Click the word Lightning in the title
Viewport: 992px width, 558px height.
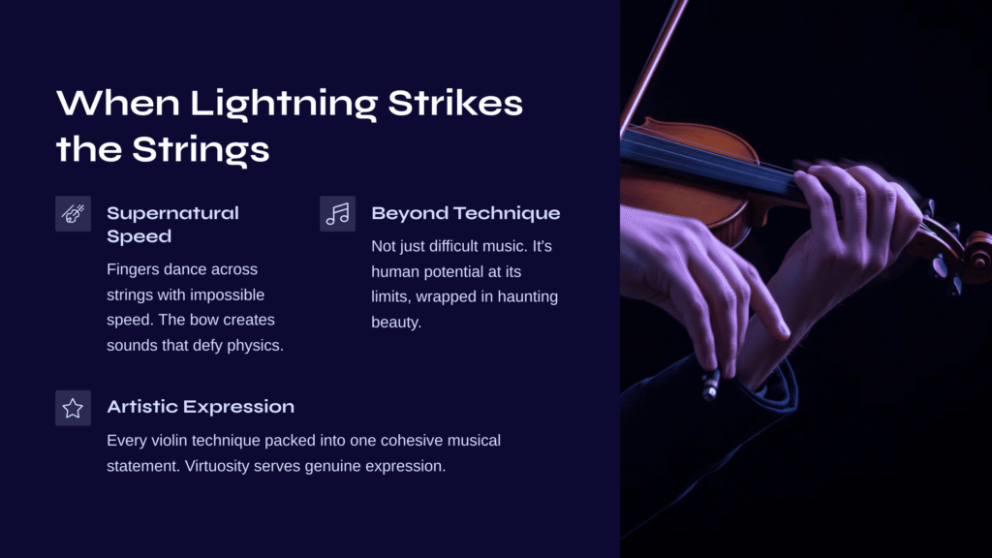point(284,104)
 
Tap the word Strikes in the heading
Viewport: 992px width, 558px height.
point(455,103)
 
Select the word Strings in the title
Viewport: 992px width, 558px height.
point(201,150)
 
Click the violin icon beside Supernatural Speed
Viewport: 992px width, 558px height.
point(73,214)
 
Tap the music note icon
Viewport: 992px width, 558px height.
point(337,214)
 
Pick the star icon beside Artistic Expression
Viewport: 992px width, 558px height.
point(73,408)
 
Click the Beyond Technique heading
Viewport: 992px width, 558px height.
point(466,213)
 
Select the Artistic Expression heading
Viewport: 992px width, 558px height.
point(201,407)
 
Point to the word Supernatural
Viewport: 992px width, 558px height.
point(172,213)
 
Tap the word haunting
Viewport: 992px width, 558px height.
point(528,296)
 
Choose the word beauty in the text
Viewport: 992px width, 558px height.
point(396,322)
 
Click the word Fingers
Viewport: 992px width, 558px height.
point(133,269)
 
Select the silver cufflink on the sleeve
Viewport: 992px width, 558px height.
point(711,385)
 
